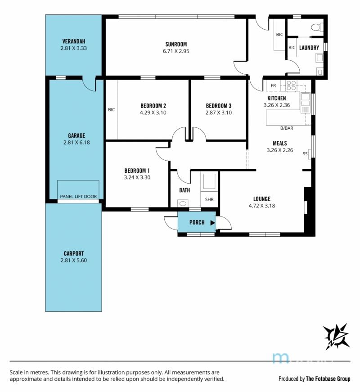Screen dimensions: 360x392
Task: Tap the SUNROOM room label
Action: pos(176,44)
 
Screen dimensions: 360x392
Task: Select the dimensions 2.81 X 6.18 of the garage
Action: pos(76,143)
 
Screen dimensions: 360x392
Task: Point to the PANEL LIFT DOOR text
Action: pos(78,197)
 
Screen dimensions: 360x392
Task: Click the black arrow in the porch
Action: pos(212,222)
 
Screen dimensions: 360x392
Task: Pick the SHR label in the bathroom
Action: pos(209,199)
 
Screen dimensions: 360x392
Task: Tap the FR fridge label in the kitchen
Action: pos(273,86)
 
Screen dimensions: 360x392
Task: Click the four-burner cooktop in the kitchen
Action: pos(291,85)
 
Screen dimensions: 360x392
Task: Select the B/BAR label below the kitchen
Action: pos(287,128)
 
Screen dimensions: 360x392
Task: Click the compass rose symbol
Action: pos(336,336)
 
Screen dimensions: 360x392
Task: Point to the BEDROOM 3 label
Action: pos(219,106)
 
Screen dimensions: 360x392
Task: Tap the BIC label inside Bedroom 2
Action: pos(112,109)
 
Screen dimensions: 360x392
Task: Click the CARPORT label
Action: pos(74,253)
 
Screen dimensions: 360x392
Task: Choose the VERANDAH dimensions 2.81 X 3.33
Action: pos(73,48)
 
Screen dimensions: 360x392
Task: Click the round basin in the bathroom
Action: pos(183,203)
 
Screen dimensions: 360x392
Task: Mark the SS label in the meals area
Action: pos(305,154)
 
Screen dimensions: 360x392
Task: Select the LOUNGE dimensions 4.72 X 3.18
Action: pos(262,206)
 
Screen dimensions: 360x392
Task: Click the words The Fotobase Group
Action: pos(328,379)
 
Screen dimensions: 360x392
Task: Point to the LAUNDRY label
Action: pos(309,48)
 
